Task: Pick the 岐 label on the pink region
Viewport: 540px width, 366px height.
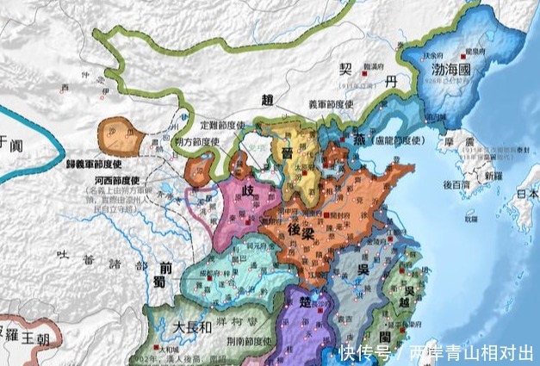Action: click(x=247, y=193)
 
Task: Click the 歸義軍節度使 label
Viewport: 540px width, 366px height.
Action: click(x=83, y=161)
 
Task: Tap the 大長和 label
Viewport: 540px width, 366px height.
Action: click(x=189, y=327)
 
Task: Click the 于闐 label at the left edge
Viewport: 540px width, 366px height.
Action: click(x=8, y=143)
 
